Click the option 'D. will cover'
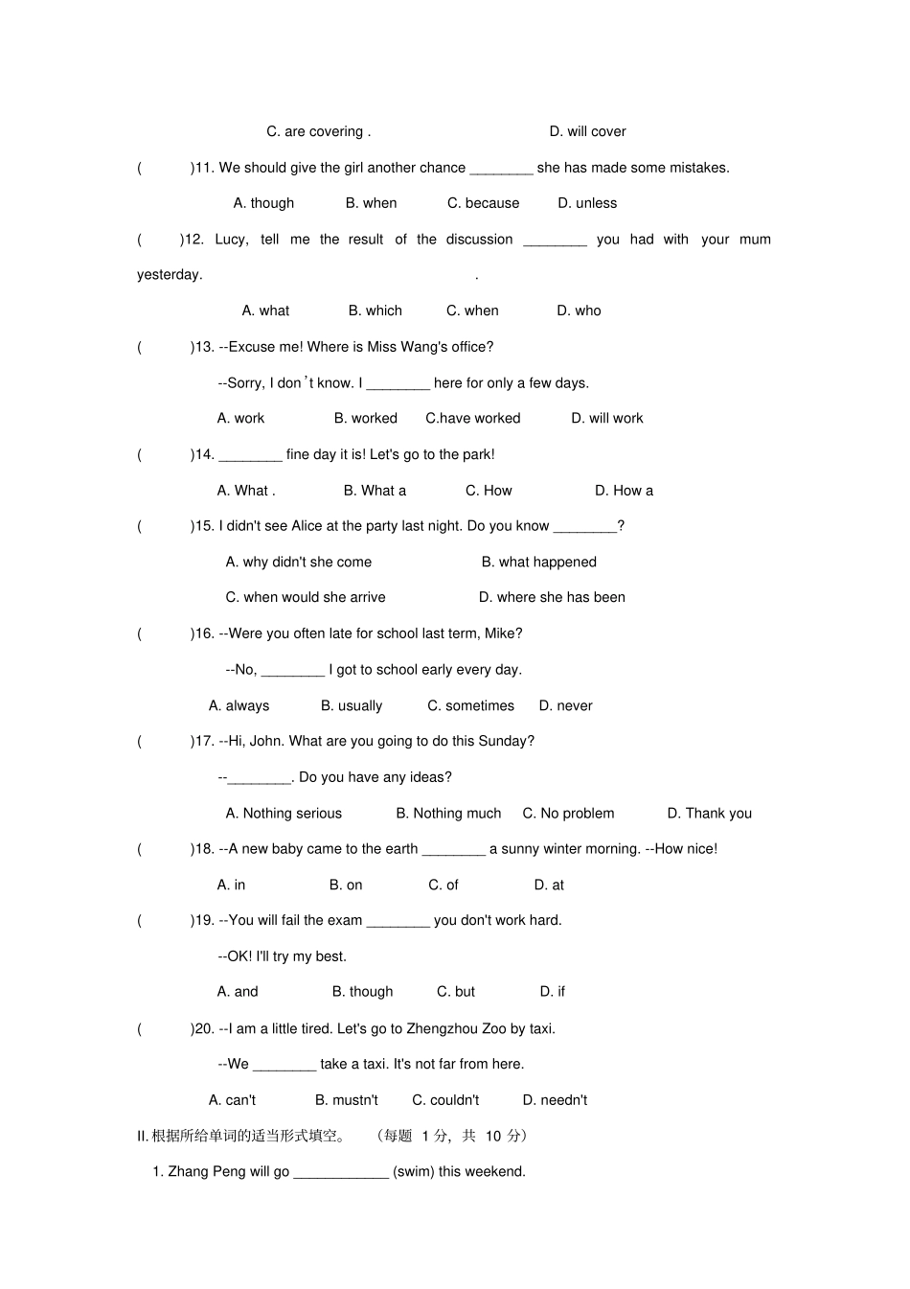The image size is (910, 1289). tap(587, 131)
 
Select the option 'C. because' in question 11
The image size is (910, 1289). tap(483, 203)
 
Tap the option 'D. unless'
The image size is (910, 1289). tap(587, 203)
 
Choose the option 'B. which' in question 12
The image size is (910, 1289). tap(375, 311)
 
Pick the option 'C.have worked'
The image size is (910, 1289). tap(473, 418)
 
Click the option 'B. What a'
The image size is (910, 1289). tap(375, 491)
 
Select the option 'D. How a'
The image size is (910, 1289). tap(624, 491)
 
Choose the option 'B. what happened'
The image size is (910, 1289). tap(538, 562)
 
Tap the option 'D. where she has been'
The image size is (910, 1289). tap(552, 597)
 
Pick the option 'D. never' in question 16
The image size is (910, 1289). tap(565, 705)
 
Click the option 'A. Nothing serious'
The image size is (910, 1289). tap(284, 813)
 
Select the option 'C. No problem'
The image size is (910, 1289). tap(568, 813)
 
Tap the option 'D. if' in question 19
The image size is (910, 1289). tap(552, 991)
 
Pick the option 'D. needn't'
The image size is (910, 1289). tap(555, 1100)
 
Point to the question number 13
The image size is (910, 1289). tap(203, 347)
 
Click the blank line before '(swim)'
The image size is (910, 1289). tap(341, 1172)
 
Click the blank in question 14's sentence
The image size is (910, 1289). tap(250, 455)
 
